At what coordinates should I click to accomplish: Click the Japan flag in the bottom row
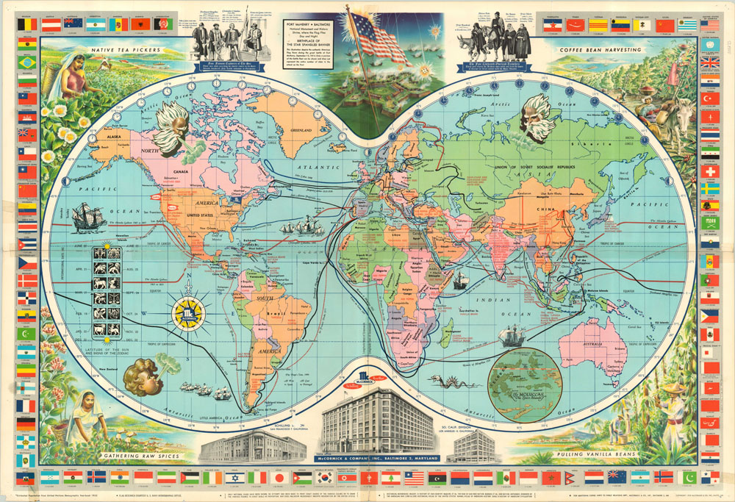(x=279, y=477)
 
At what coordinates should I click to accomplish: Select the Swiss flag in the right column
(x=710, y=172)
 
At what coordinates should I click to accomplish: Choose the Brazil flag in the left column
(x=26, y=62)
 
